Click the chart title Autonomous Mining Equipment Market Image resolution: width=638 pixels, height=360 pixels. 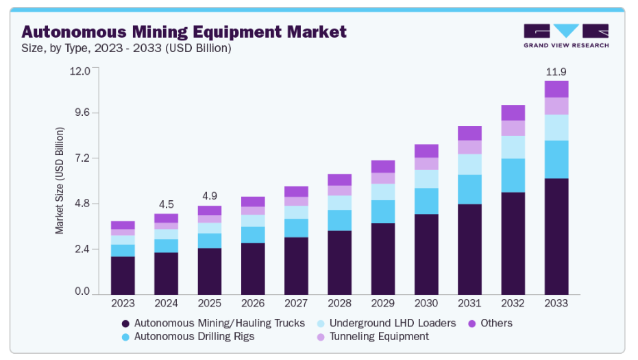click(x=184, y=32)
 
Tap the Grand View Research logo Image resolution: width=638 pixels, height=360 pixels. click(x=566, y=36)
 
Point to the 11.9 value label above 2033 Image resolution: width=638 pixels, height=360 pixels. click(x=556, y=71)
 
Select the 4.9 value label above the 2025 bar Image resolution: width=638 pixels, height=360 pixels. click(x=209, y=195)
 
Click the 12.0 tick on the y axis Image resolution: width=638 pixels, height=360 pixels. click(x=80, y=71)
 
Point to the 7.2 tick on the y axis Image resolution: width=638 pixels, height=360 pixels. click(x=82, y=158)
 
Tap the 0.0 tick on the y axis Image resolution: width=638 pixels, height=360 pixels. click(x=82, y=292)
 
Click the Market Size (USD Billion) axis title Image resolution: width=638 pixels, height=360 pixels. click(x=60, y=180)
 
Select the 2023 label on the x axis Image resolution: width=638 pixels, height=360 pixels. click(x=123, y=303)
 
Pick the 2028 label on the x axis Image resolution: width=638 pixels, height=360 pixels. click(x=339, y=303)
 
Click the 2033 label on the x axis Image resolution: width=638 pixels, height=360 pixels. click(x=556, y=303)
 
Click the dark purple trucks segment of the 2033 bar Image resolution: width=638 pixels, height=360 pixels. click(x=556, y=235)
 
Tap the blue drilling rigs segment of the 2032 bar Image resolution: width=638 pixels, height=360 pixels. click(x=513, y=176)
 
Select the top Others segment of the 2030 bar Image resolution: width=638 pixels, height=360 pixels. click(x=426, y=151)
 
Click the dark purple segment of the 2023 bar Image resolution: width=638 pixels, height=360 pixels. click(x=123, y=274)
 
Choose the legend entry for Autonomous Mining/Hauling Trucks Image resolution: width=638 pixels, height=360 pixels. click(x=212, y=323)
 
